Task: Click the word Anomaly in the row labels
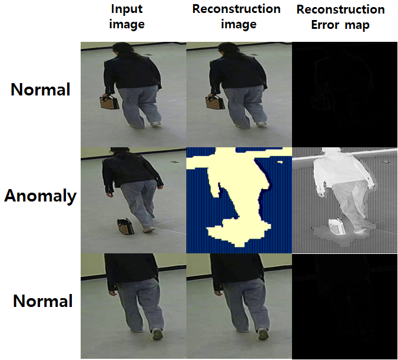[41, 196]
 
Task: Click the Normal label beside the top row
[41, 90]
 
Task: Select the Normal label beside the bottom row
[42, 301]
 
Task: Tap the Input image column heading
[127, 16]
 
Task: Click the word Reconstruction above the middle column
[236, 9]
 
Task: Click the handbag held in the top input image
[110, 102]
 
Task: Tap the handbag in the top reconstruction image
[215, 102]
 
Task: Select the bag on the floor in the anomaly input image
[125, 226]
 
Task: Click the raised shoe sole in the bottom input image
[158, 334]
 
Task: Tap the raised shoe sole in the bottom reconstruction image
[263, 334]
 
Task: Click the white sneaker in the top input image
[155, 124]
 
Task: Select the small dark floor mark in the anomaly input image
[174, 162]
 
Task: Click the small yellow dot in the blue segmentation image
[280, 161]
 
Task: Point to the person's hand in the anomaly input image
[110, 194]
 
